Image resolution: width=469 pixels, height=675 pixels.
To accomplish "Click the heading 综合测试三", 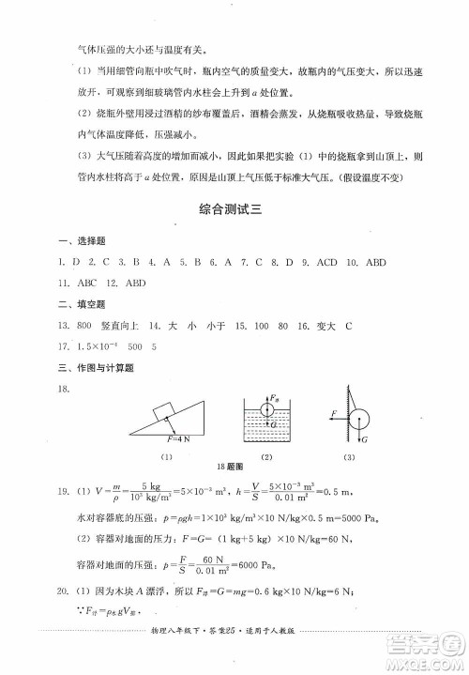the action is click(x=234, y=211).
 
